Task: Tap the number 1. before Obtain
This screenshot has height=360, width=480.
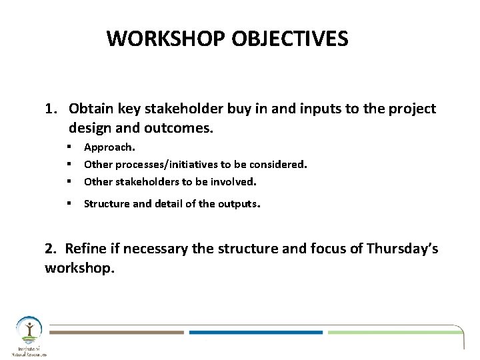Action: (x=53, y=108)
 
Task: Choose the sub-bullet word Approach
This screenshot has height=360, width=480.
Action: (x=109, y=147)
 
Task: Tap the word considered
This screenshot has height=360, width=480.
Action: (x=278, y=163)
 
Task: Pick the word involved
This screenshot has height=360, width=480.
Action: (x=233, y=181)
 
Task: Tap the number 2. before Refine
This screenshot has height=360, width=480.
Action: (x=51, y=249)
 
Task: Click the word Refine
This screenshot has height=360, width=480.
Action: (x=86, y=249)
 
